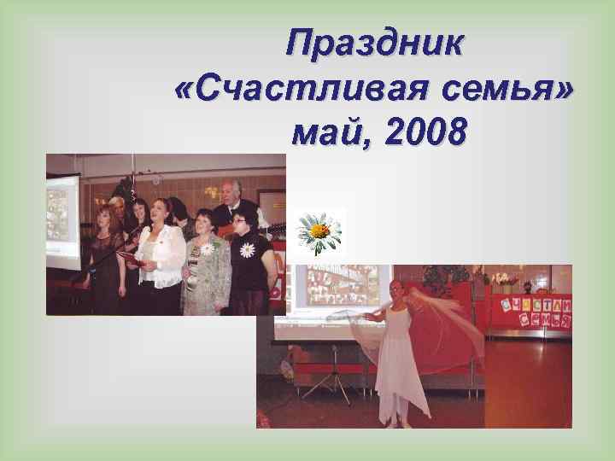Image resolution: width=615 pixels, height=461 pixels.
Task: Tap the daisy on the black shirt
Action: (248, 250)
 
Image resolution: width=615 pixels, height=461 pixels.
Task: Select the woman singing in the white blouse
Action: (161, 252)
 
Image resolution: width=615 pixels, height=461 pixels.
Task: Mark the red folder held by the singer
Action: (128, 255)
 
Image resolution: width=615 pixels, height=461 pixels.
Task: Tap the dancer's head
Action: (396, 290)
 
